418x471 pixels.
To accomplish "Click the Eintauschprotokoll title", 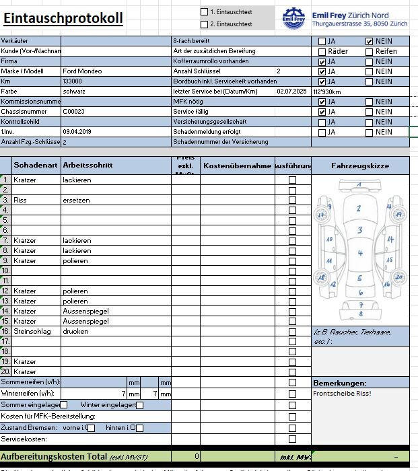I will [x=63, y=18].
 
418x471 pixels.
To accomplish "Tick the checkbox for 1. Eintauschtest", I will [x=205, y=11].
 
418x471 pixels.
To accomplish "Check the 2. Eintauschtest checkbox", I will [x=205, y=24].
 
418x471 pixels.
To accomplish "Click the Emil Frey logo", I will [x=293, y=18].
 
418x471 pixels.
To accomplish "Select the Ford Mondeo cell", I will [x=82, y=71].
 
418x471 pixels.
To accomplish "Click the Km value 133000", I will [x=73, y=81].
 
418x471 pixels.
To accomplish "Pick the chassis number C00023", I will [x=74, y=112].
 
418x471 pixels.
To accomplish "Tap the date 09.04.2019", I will [x=77, y=132].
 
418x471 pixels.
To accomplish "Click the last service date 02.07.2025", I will [x=291, y=91].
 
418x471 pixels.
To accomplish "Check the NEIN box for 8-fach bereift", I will [x=369, y=41].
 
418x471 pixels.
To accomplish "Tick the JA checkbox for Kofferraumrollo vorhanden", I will [x=322, y=61].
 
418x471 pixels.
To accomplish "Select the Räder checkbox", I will [x=322, y=51].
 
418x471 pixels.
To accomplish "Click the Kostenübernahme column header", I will [x=237, y=166].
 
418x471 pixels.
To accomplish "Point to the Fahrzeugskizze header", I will [x=360, y=166].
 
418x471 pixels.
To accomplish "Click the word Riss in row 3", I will [x=20, y=201].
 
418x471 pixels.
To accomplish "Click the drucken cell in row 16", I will [x=76, y=332].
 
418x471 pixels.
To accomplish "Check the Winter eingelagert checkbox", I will [x=140, y=405].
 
